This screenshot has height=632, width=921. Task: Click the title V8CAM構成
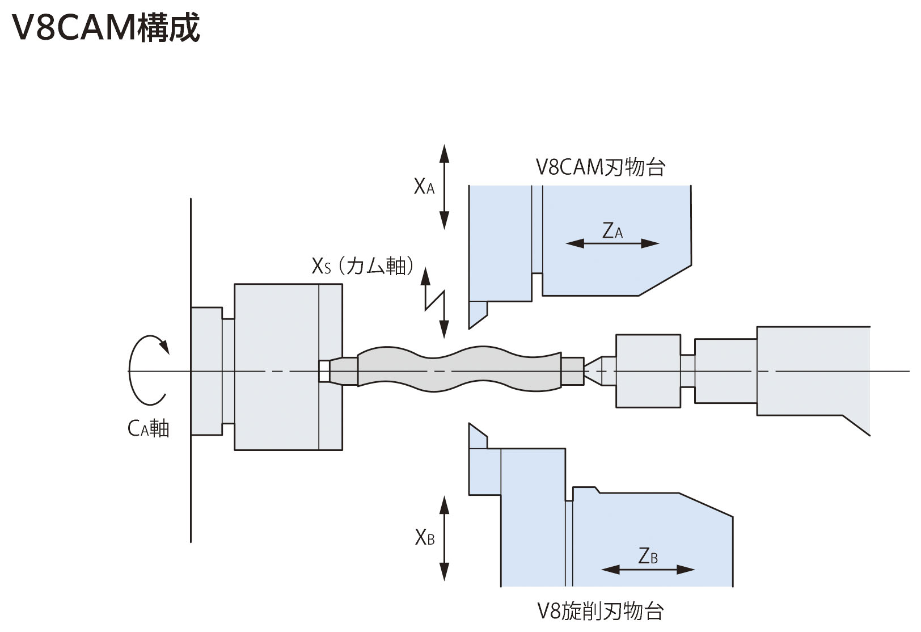[105, 27]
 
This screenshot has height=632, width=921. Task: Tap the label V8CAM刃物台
[600, 167]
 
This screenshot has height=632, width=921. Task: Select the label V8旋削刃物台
[600, 611]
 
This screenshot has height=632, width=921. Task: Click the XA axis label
[424, 187]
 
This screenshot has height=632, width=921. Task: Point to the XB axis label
[425, 537]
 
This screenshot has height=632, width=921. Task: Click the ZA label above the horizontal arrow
[612, 230]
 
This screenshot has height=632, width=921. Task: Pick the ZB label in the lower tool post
[648, 556]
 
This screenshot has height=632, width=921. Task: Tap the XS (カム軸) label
[362, 266]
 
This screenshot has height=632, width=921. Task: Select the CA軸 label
[149, 429]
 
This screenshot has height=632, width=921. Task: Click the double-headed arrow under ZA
[612, 243]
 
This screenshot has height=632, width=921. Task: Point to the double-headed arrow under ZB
[648, 570]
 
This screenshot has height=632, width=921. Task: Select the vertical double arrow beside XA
[444, 187]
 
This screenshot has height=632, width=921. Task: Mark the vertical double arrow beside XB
[444, 538]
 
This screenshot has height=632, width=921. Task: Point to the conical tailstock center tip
[585, 370]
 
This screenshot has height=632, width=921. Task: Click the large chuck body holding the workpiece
[288, 367]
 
